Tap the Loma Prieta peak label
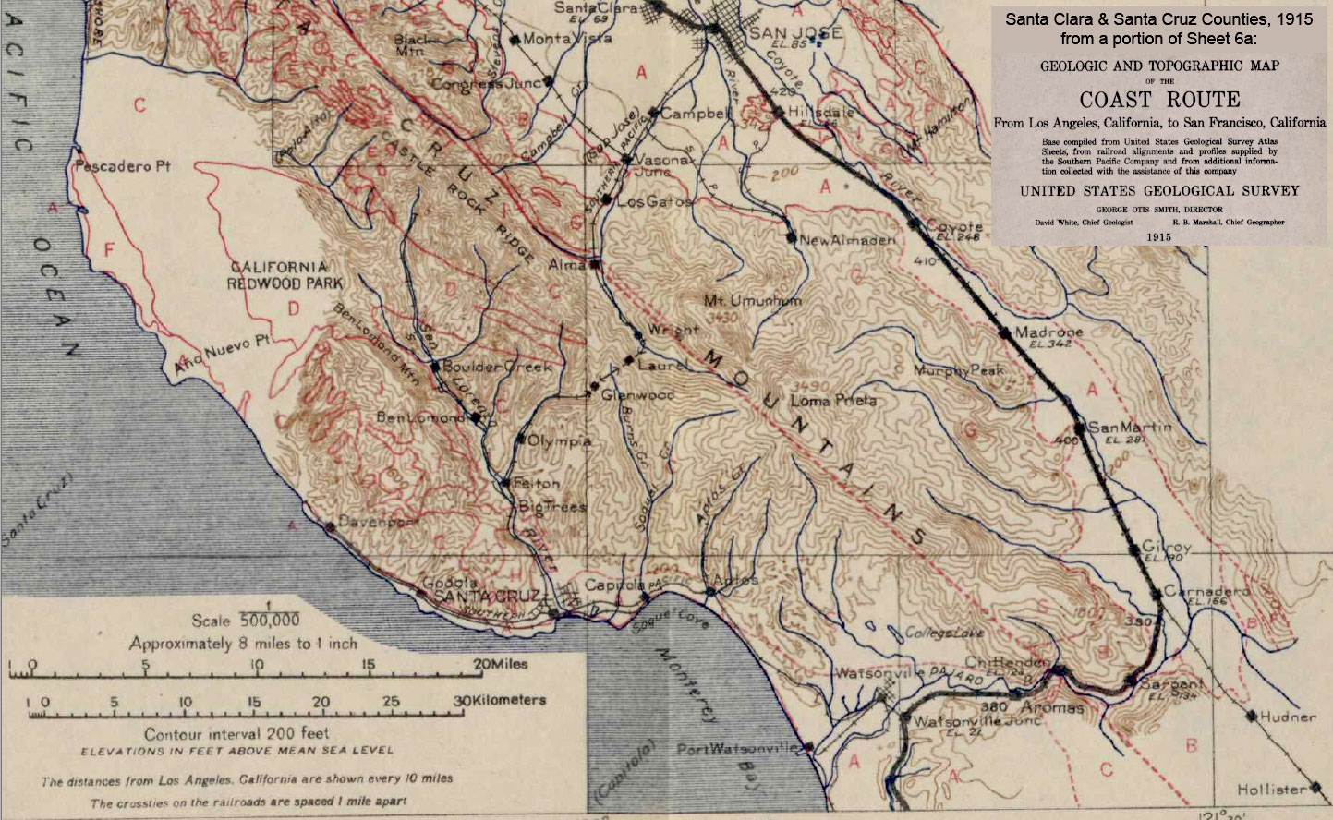point(833,401)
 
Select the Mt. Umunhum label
point(753,301)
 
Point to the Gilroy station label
point(1166,547)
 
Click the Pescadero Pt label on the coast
point(123,167)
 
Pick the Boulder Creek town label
point(497,367)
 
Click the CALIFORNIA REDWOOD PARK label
point(279,275)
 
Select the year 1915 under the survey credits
point(1158,236)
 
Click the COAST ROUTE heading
point(1159,100)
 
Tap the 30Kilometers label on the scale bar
point(500,700)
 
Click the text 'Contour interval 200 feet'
point(236,733)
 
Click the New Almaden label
point(847,240)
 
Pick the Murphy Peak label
point(958,370)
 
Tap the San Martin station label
point(1129,428)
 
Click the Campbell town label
point(696,114)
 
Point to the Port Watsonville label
point(737,749)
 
